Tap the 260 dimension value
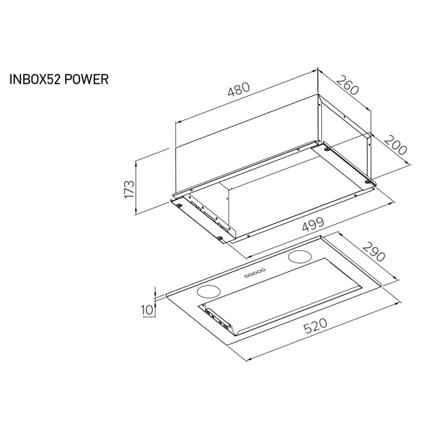(347, 88)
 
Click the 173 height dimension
(129, 188)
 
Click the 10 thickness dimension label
(147, 309)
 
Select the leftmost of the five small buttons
(246, 276)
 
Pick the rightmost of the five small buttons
(264, 270)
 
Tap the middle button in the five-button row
(255, 273)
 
